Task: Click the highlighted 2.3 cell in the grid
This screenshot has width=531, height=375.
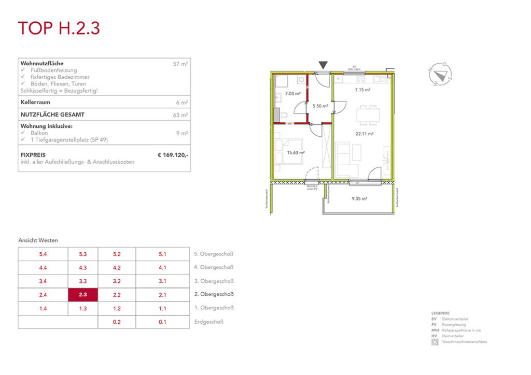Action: [x=82, y=295]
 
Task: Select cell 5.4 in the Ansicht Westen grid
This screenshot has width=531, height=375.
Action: [x=43, y=254]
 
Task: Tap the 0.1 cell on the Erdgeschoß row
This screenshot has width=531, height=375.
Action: [x=162, y=322]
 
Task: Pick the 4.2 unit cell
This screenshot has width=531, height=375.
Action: [x=116, y=268]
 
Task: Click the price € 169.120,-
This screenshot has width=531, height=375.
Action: [x=173, y=154]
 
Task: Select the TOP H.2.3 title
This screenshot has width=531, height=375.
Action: [x=59, y=28]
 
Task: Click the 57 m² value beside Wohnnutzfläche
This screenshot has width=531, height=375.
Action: [x=180, y=64]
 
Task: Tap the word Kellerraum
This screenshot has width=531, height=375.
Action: [x=35, y=102]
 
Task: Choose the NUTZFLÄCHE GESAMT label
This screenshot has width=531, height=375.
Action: [x=52, y=114]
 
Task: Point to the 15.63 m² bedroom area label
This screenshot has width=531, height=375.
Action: [x=296, y=152]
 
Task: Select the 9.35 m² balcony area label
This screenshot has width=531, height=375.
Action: [x=359, y=198]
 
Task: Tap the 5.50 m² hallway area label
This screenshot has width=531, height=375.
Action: [x=320, y=106]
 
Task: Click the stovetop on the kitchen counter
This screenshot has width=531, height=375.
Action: [x=358, y=80]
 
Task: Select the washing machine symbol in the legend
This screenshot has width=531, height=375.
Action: [x=435, y=342]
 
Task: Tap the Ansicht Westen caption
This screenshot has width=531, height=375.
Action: [x=38, y=240]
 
